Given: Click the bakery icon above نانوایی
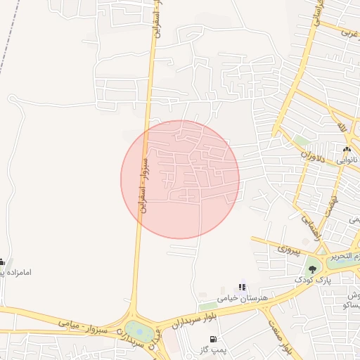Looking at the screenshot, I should coord(346,149).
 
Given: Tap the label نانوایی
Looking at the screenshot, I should coord(346,160).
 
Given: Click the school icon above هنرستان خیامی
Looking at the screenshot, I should coord(243,287).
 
